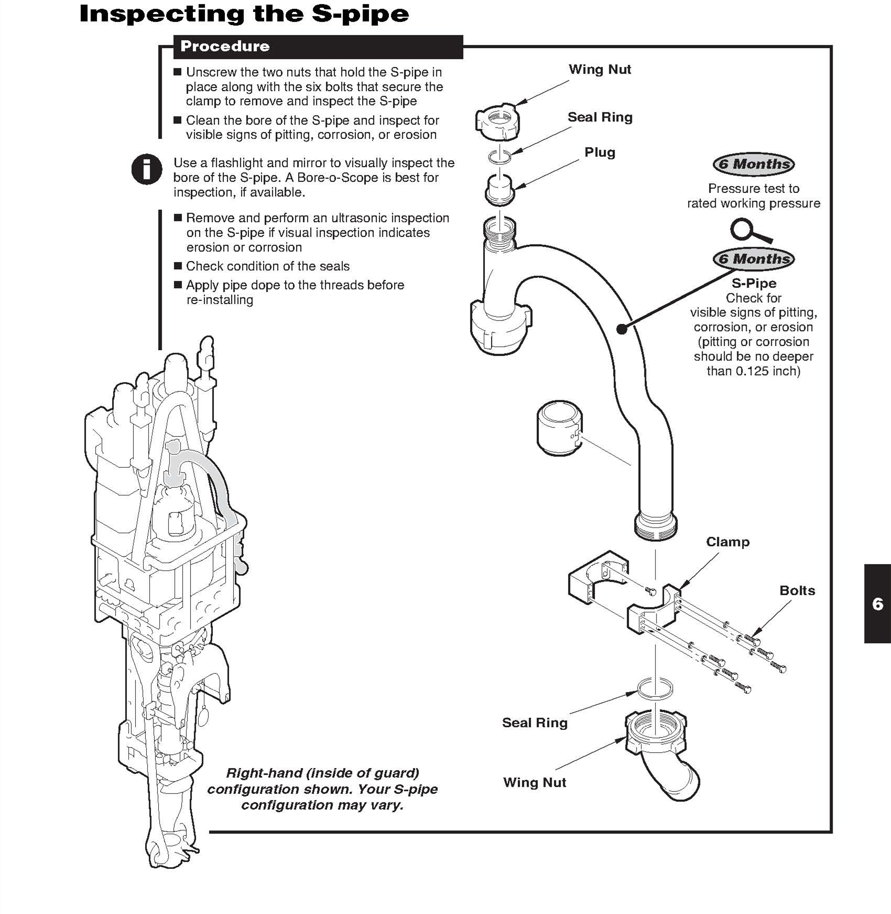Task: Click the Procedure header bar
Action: (x=318, y=47)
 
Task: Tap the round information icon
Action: (x=147, y=169)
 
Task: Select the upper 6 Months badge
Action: (x=753, y=164)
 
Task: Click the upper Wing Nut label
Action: (x=600, y=70)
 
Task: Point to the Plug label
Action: (x=600, y=153)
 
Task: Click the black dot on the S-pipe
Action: (x=622, y=329)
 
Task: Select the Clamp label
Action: (x=727, y=542)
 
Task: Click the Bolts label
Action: (x=797, y=590)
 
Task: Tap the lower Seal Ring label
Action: (x=535, y=723)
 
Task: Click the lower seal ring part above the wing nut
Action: (x=655, y=689)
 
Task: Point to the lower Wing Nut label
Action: (x=535, y=782)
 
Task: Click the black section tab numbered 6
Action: (x=877, y=604)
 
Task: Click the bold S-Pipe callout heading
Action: (x=754, y=283)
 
